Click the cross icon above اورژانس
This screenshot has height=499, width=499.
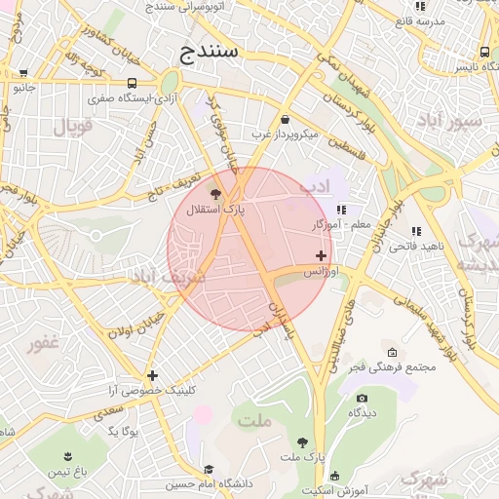(x=321, y=255)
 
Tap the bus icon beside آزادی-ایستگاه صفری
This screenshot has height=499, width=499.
(x=132, y=83)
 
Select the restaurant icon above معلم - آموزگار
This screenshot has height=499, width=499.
(x=341, y=210)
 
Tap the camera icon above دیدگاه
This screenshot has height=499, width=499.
(x=363, y=398)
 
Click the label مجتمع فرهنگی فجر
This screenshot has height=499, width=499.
(x=392, y=366)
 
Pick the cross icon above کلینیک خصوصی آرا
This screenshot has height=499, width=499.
(x=152, y=375)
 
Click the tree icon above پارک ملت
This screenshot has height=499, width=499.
(x=302, y=441)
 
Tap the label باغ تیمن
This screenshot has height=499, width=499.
(x=69, y=471)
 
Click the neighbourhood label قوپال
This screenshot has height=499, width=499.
(x=71, y=127)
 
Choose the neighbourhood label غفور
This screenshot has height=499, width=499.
(x=44, y=343)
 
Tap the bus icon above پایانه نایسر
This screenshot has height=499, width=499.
(x=484, y=53)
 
